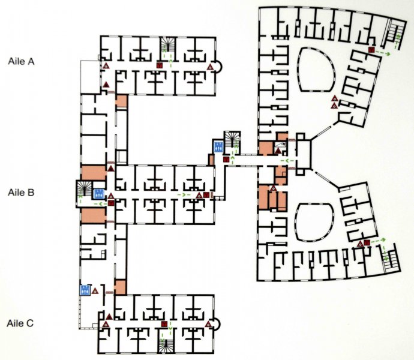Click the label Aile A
click(x=21, y=61)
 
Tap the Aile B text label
click(x=21, y=192)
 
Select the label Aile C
click(x=20, y=323)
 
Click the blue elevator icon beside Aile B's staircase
click(x=99, y=194)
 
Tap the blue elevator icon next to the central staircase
click(x=218, y=147)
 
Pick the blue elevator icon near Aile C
click(x=85, y=290)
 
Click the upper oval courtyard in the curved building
click(x=317, y=69)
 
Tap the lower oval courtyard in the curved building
click(x=314, y=222)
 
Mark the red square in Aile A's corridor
click(x=159, y=65)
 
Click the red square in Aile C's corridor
click(x=164, y=324)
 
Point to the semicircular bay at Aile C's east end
click(x=217, y=324)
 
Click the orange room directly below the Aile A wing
click(x=121, y=101)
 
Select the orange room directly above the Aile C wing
click(x=121, y=287)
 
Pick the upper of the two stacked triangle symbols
click(x=335, y=98)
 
